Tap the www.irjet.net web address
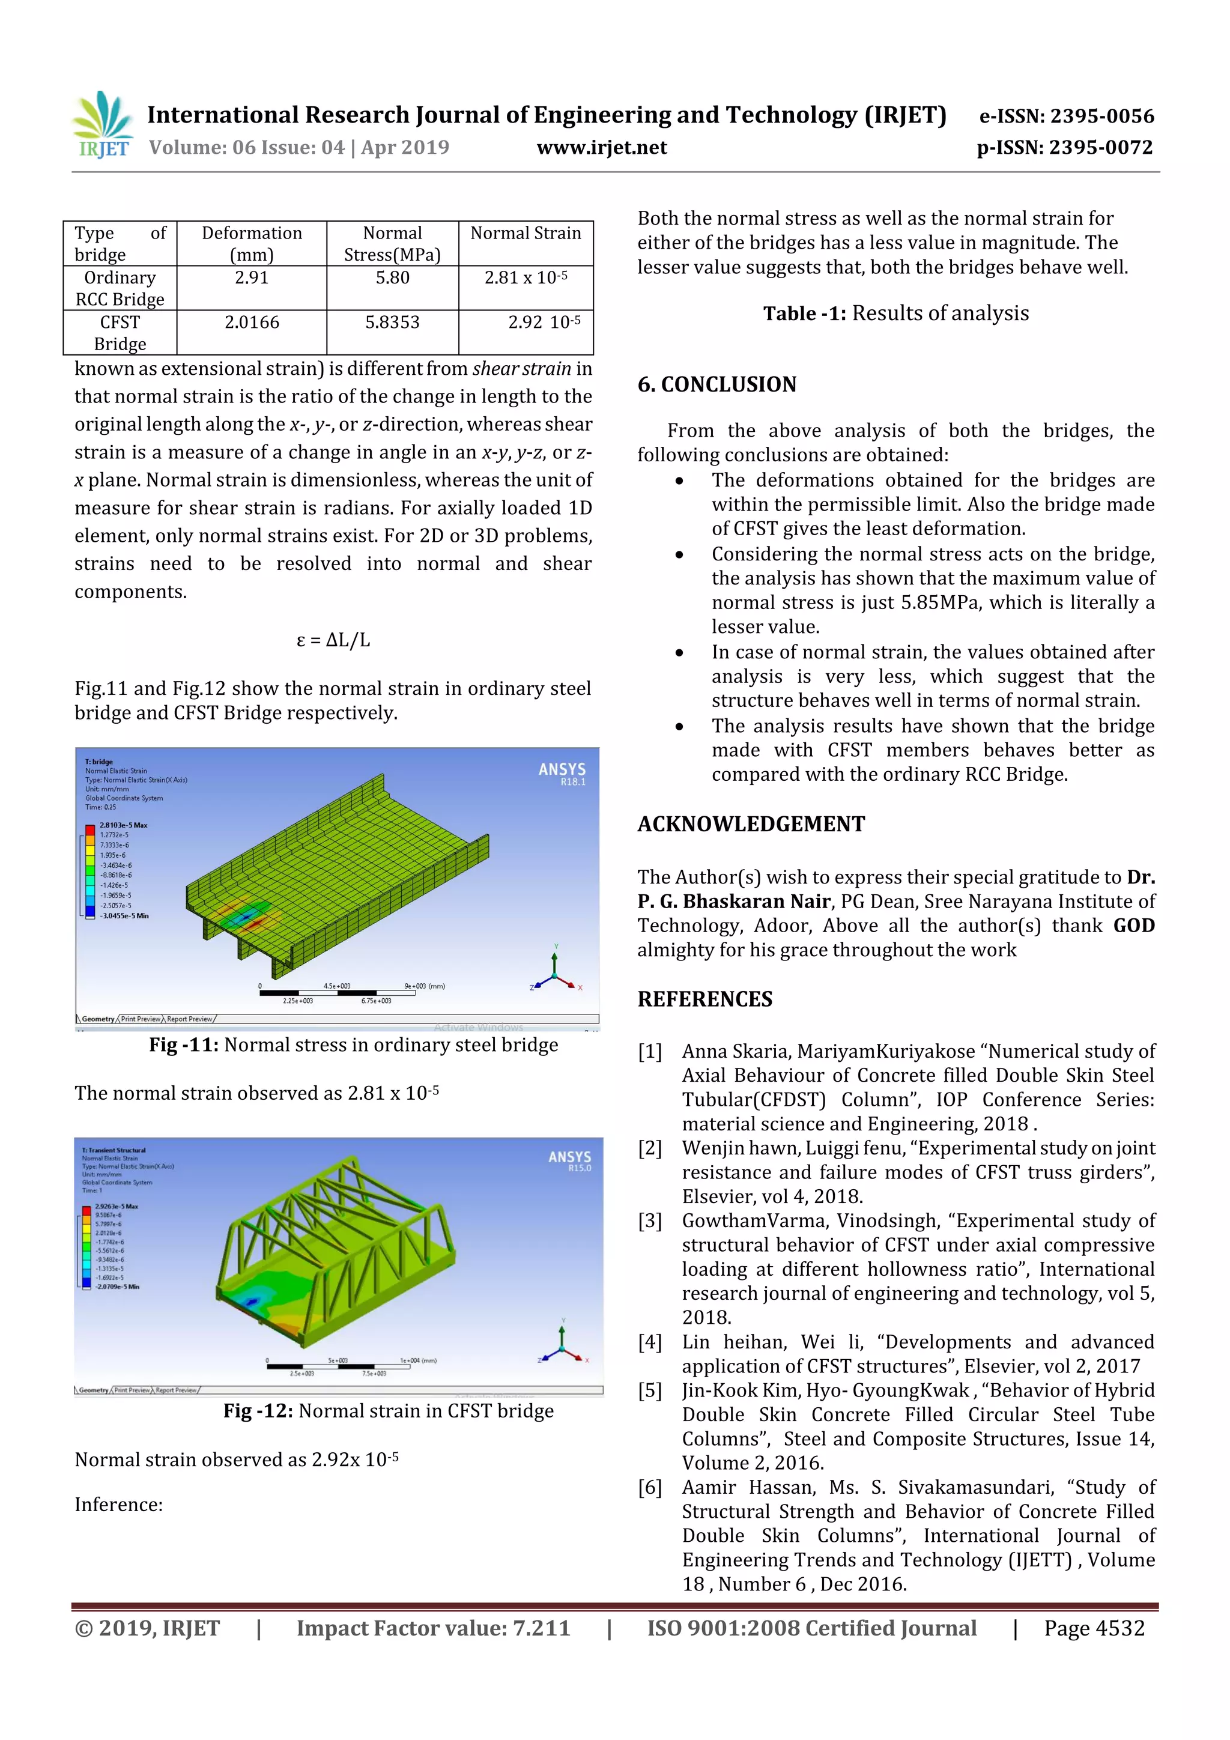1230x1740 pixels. [x=602, y=148]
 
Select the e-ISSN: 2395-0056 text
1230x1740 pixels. [x=1066, y=116]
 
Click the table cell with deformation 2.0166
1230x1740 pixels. [x=252, y=323]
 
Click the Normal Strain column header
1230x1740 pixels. [x=525, y=234]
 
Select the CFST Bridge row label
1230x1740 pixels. [x=120, y=333]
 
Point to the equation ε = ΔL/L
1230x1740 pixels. [x=333, y=640]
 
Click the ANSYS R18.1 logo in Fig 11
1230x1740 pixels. [x=562, y=773]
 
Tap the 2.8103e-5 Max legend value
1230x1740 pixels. [x=124, y=825]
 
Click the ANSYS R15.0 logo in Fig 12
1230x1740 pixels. [x=569, y=1161]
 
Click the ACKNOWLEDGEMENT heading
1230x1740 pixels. [x=750, y=825]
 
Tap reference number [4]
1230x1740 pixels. [x=649, y=1342]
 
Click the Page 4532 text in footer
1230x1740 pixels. [x=1094, y=1628]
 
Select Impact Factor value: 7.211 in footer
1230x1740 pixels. [x=433, y=1628]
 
